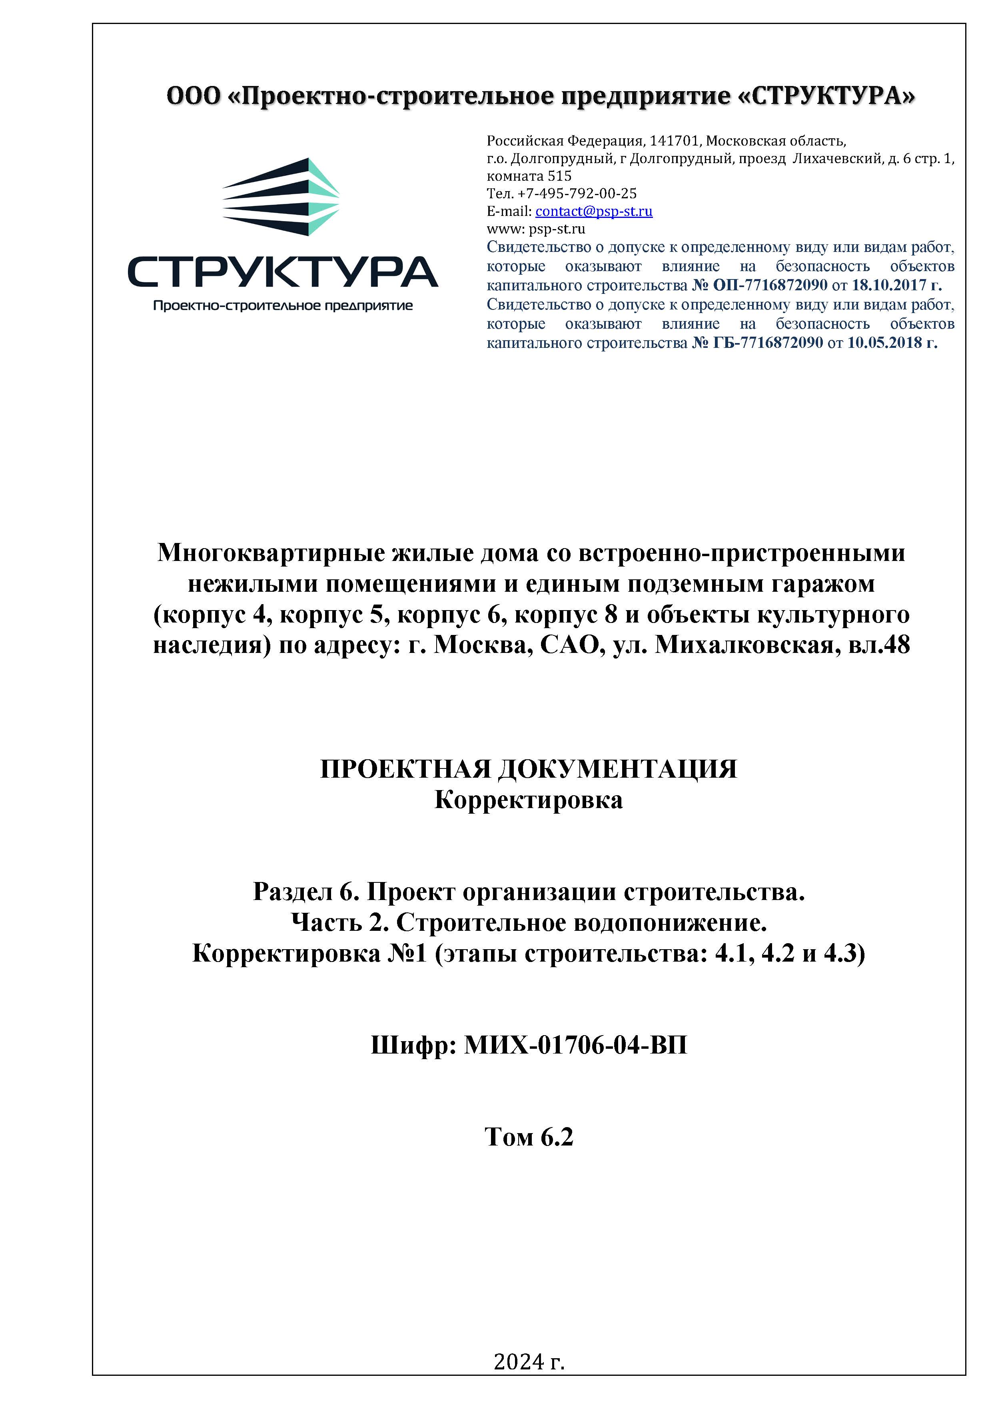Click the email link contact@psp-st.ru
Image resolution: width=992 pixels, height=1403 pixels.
(x=593, y=212)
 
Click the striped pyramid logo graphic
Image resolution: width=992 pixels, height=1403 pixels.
(x=281, y=197)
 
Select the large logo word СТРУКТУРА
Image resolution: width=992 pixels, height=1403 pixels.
(x=282, y=272)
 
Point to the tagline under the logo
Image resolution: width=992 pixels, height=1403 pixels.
(x=282, y=305)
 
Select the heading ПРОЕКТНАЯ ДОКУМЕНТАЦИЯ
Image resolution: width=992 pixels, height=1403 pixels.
(x=528, y=769)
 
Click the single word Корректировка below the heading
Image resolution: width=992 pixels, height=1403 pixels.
(x=528, y=800)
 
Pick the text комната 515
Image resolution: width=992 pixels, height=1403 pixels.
(x=529, y=176)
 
